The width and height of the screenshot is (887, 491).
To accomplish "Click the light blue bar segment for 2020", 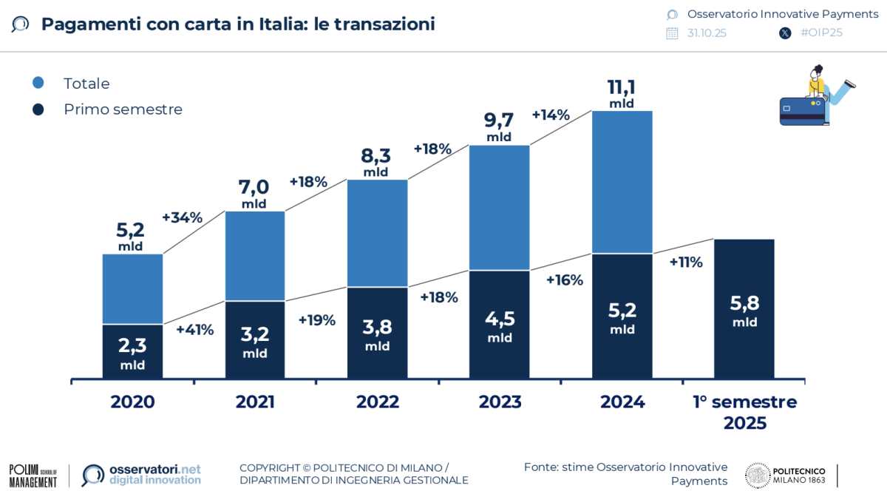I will (132, 289).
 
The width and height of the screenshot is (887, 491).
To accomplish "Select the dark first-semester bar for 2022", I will (377, 333).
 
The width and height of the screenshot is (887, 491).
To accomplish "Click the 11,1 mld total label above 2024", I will (622, 93).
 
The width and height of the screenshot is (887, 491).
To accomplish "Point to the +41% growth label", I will (194, 330).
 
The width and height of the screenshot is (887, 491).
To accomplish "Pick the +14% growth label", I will (551, 115).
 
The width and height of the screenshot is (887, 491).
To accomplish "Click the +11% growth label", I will (686, 263).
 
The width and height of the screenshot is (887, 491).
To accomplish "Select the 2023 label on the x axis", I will (500, 402).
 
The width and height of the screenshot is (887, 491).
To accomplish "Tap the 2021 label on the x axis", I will (255, 402).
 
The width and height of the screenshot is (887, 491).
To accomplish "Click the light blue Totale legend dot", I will (38, 83).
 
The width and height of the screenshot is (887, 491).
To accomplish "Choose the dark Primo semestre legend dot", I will (38, 109).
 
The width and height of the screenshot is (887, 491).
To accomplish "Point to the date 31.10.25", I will (707, 33).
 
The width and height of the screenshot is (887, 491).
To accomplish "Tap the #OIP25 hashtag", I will (821, 33).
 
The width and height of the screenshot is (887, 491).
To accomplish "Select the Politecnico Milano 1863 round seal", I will (758, 475).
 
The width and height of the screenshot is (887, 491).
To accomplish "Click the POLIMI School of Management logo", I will (33, 475).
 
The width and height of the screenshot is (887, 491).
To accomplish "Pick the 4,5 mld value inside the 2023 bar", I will (500, 326).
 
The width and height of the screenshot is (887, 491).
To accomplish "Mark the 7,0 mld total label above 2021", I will (254, 193).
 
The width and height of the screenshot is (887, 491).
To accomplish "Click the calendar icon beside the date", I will (672, 33).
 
